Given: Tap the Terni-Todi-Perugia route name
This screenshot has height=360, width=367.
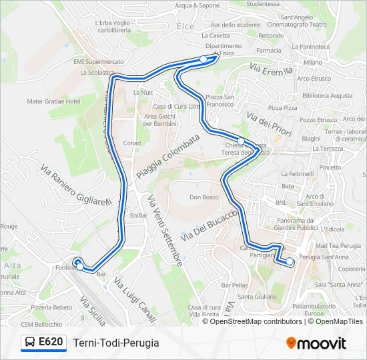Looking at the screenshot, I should point(116,343).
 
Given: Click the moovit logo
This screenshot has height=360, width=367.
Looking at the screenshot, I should point(316,343).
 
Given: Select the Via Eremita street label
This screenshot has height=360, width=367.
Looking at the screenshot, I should point(272,69).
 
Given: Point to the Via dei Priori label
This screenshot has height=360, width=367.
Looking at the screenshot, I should point(270,124).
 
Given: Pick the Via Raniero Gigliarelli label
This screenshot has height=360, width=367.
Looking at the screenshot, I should point(74,189).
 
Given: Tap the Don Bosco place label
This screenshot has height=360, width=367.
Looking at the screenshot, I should point(204,197).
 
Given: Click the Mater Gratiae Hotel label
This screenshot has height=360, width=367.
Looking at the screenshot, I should point(53,101).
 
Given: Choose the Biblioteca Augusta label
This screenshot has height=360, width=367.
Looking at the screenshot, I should point(327,96).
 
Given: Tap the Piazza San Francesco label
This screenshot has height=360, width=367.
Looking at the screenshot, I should point(219,101).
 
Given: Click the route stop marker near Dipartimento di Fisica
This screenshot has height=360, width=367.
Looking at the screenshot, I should point(204,60).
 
